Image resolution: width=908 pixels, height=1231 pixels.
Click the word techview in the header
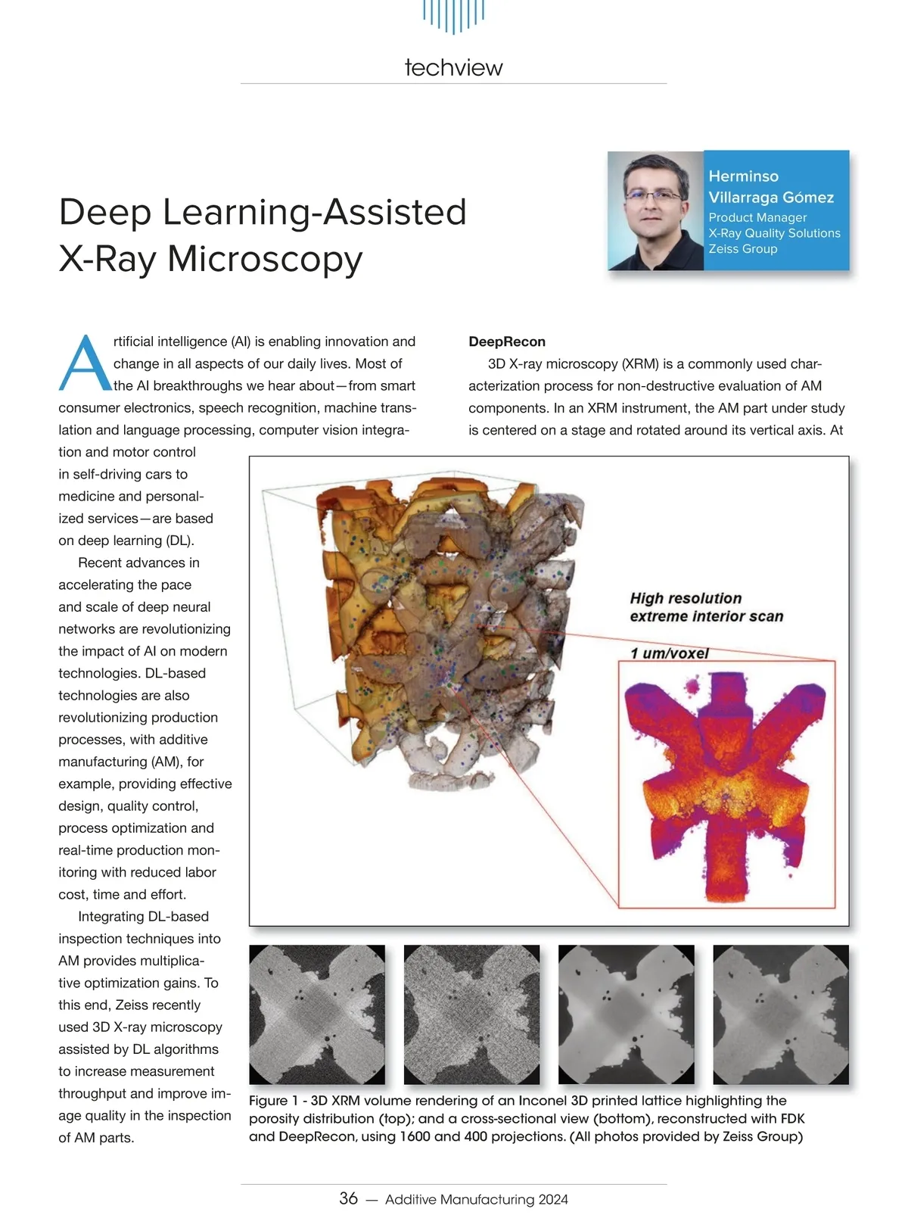coord(453,67)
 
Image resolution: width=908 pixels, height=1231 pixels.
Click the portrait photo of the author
coord(656,210)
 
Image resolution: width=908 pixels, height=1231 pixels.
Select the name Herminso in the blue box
coord(743,176)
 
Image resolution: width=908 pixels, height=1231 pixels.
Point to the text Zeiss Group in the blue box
coord(742,248)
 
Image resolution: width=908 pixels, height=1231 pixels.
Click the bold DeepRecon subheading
coord(506,341)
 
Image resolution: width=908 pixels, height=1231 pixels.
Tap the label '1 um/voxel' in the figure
coord(669,653)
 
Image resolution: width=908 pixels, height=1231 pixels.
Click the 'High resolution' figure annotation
coord(686,598)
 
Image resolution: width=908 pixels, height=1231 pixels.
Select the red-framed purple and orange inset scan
coord(726,784)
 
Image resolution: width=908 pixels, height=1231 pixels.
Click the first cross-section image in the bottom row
coord(317,1014)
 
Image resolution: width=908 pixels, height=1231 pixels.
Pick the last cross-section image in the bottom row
coord(781,1014)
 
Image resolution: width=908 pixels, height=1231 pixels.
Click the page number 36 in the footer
coord(348,1198)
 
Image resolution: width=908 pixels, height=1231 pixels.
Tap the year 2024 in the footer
coord(553,1199)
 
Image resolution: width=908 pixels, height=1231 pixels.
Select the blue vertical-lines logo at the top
coord(453,15)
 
